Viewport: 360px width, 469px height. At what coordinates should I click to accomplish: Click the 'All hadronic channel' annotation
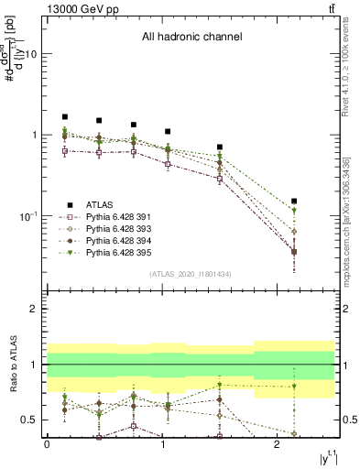[191, 37]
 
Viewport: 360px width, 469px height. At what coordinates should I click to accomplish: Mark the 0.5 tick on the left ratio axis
[32, 420]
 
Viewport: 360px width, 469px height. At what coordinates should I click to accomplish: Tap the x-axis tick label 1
[162, 444]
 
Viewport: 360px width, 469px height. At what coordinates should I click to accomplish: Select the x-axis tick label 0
[47, 444]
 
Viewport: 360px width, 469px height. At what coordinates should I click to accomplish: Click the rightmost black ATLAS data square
[294, 201]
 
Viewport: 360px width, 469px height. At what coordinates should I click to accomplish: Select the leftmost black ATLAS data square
[64, 117]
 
